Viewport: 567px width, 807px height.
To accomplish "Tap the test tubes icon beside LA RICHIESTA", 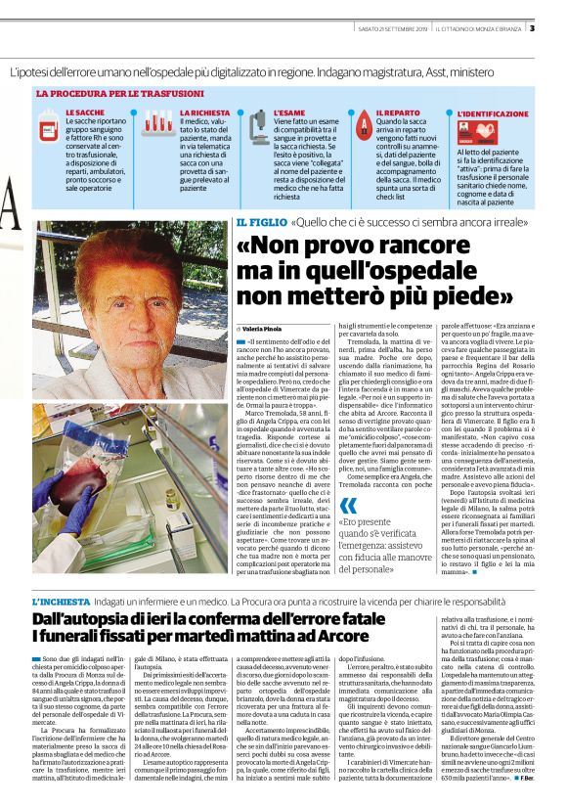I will pyautogui.click(x=157, y=123).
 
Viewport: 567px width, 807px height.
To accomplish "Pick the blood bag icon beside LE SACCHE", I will pyautogui.click(x=48, y=126).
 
